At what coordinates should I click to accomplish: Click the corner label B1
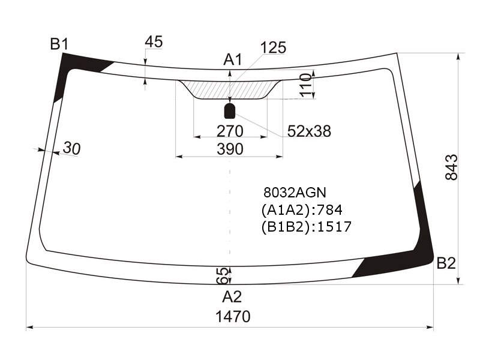(59, 44)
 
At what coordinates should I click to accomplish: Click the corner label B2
(446, 263)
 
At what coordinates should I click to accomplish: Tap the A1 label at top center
(233, 59)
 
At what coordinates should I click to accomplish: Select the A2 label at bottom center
(232, 296)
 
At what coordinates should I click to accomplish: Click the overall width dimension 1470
(233, 317)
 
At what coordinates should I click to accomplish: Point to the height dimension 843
(451, 167)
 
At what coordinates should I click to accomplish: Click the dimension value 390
(230, 149)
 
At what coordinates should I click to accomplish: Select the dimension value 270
(230, 131)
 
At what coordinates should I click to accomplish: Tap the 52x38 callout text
(309, 131)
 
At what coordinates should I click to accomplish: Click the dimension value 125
(273, 48)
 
